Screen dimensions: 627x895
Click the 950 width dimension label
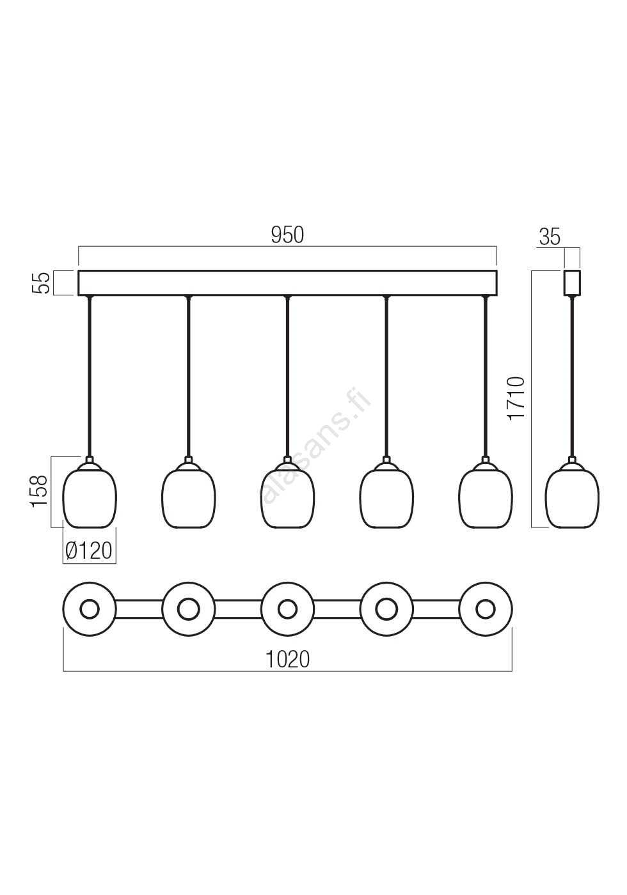(x=287, y=235)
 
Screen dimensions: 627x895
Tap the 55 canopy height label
(x=41, y=283)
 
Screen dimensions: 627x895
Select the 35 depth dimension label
(x=550, y=237)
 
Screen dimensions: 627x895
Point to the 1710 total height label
(x=516, y=398)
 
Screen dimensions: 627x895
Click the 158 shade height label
(x=39, y=491)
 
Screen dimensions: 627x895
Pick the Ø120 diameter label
(x=89, y=551)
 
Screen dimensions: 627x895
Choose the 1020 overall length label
(x=288, y=659)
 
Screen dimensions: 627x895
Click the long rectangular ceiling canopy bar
(x=287, y=283)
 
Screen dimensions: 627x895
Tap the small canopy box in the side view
(x=572, y=283)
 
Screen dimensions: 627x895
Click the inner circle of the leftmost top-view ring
(x=90, y=609)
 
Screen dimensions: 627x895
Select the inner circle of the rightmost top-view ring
(x=486, y=609)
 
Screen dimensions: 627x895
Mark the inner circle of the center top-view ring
(x=287, y=609)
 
